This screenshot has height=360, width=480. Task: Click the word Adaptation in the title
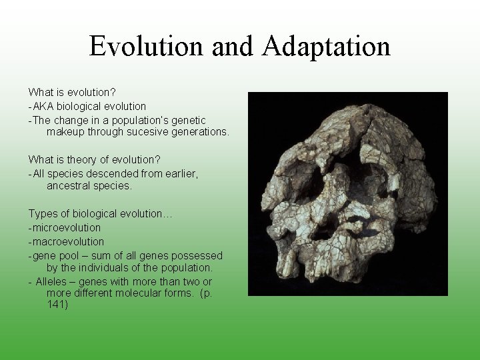point(326,47)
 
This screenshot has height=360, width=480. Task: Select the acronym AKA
point(43,106)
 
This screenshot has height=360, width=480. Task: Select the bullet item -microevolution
point(64,227)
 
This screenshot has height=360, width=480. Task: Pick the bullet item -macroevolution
point(66,241)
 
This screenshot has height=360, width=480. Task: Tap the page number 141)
point(57,305)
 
